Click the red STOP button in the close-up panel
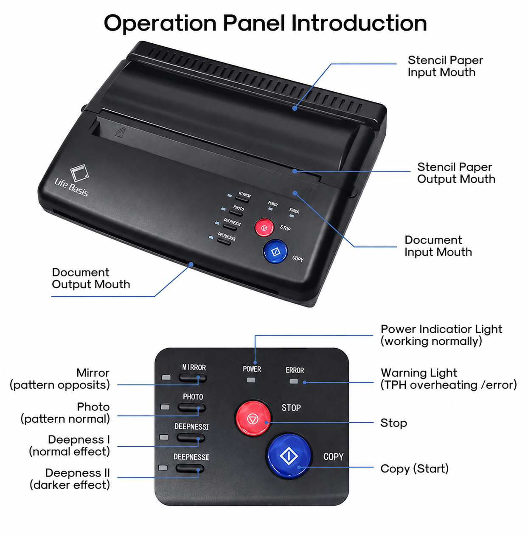pyautogui.click(x=253, y=418)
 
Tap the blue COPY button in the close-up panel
pyautogui.click(x=289, y=456)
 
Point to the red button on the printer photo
pyautogui.click(x=264, y=228)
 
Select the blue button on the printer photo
pyautogui.click(x=275, y=251)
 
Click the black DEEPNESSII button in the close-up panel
pyautogui.click(x=190, y=468)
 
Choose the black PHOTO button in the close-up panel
pyautogui.click(x=192, y=408)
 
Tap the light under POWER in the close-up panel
pyautogui.click(x=251, y=380)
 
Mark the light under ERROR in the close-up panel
pyautogui.click(x=294, y=381)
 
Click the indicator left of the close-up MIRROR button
pyautogui.click(x=166, y=378)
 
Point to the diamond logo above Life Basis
pyautogui.click(x=79, y=173)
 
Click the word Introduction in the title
pyautogui.click(x=359, y=23)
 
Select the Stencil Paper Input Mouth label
pyautogui.click(x=445, y=66)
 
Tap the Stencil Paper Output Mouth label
pyautogui.click(x=456, y=173)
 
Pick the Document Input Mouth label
pyautogui.click(x=438, y=246)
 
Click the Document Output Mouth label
pyautogui.click(x=91, y=278)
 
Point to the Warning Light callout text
pyautogui.click(x=449, y=379)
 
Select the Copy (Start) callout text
pyautogui.click(x=415, y=469)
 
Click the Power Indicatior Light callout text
pyautogui.click(x=441, y=335)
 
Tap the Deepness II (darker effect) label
pyautogui.click(x=70, y=479)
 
